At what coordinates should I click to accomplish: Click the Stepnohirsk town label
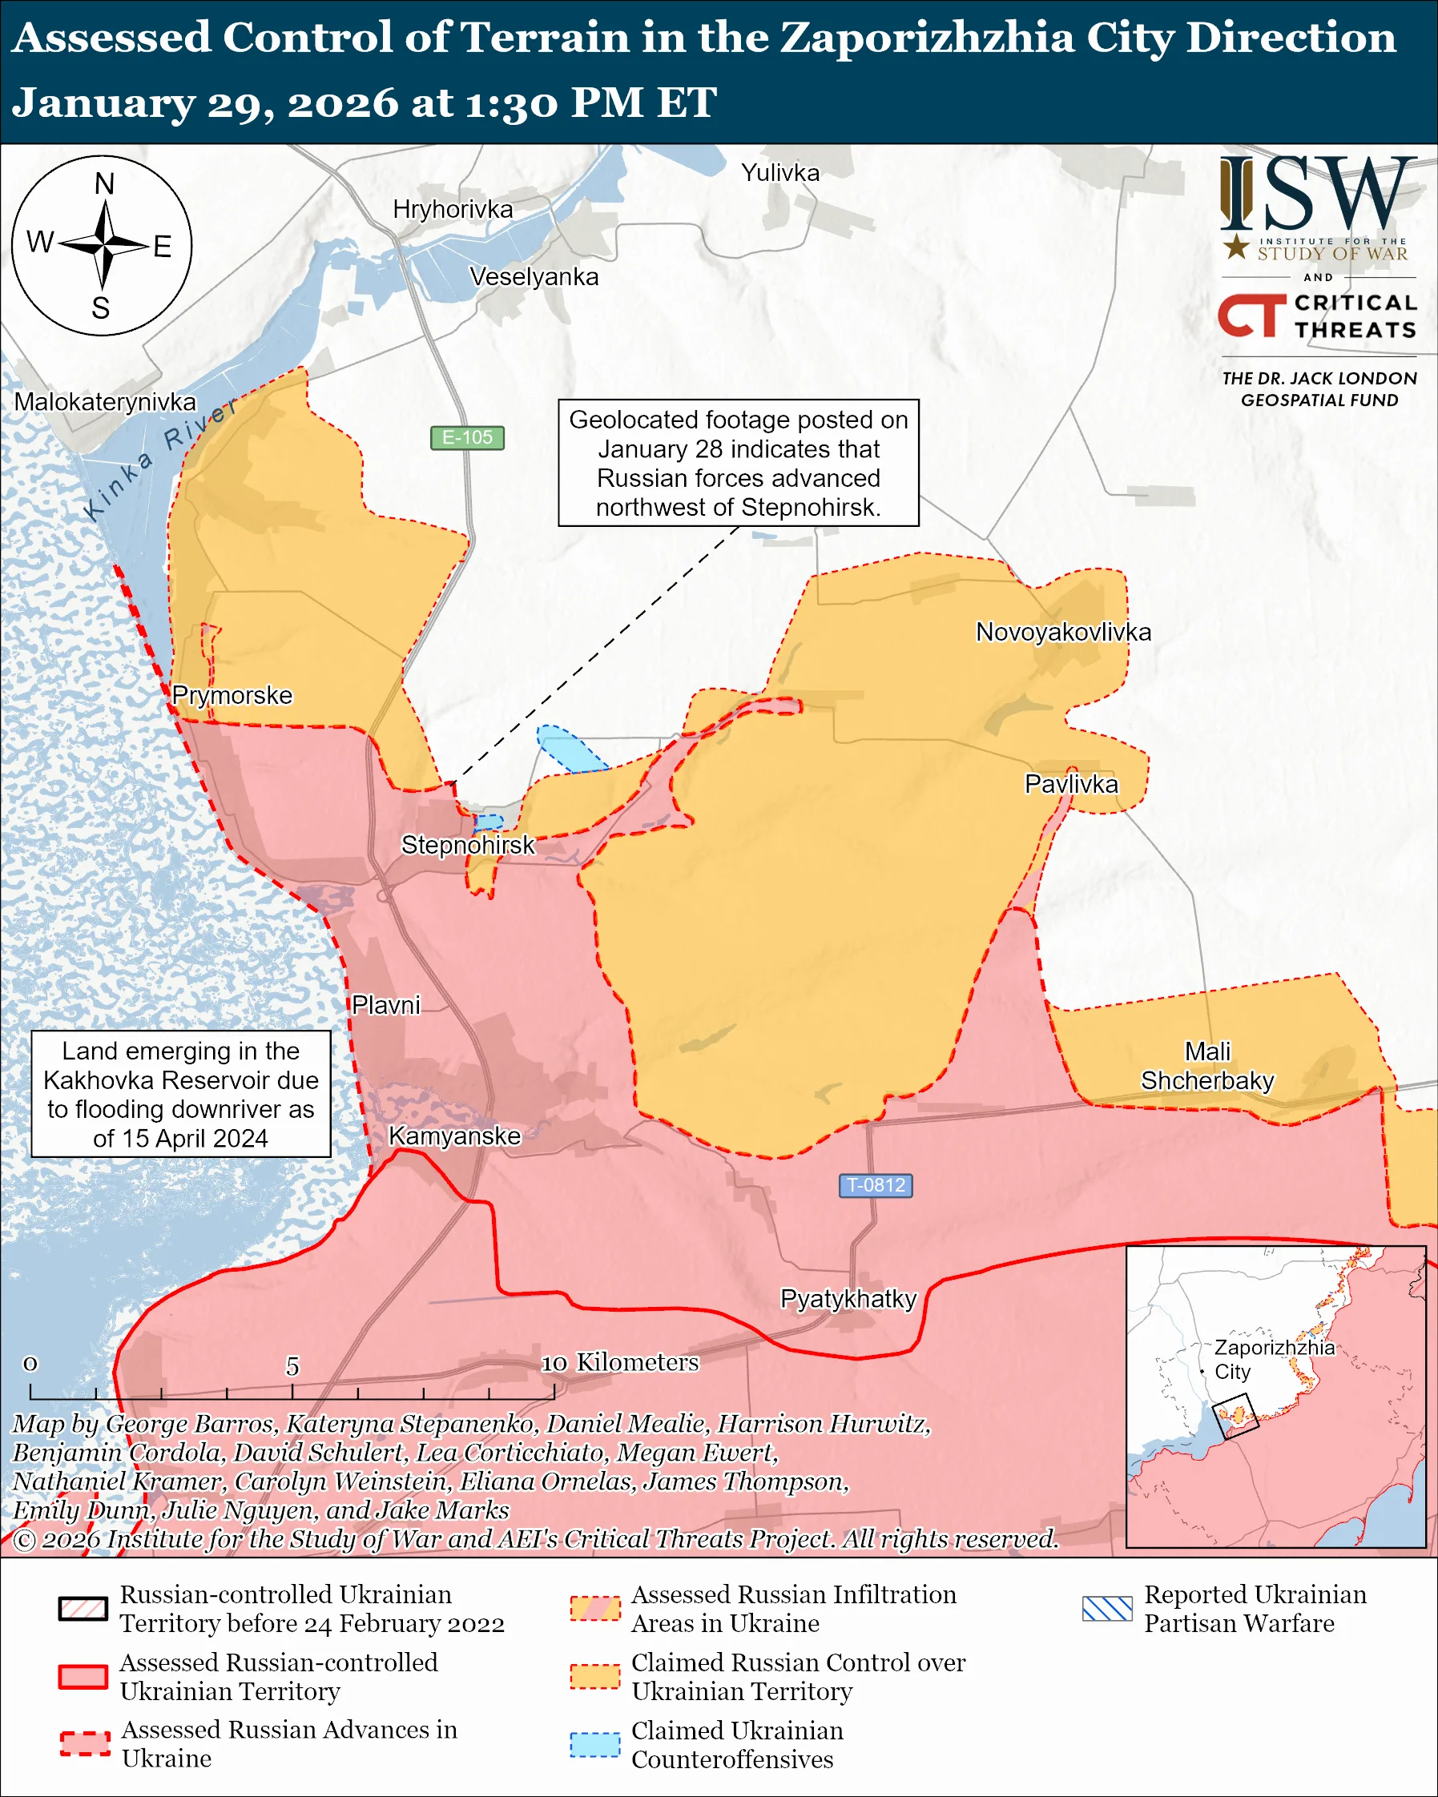[468, 845]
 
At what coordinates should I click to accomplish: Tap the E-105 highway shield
[467, 437]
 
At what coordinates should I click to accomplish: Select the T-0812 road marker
[876, 1185]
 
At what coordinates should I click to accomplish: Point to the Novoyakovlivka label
[1063, 632]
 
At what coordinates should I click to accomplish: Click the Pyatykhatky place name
[848, 1299]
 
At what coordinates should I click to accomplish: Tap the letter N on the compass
[104, 184]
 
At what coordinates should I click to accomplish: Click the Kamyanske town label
[454, 1136]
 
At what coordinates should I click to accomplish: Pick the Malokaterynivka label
[105, 402]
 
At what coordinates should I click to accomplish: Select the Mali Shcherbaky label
[1207, 1066]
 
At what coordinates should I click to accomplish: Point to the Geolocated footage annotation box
[738, 463]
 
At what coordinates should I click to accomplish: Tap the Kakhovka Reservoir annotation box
[181, 1095]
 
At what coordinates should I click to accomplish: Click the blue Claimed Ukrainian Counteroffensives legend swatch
[595, 1744]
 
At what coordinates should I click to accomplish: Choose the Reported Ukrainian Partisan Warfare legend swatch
[1107, 1608]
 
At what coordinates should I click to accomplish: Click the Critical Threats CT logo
[1251, 316]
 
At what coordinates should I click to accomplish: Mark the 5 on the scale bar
[292, 1366]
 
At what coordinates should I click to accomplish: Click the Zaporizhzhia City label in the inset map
[1273, 1360]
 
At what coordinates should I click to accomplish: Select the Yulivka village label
[780, 172]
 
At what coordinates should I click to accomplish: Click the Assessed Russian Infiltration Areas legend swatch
[595, 1608]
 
